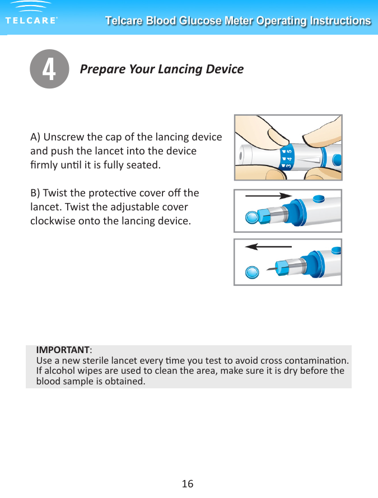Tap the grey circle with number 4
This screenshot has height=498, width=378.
(49, 69)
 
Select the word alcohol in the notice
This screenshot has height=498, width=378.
(59, 371)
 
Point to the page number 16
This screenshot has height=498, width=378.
(188, 483)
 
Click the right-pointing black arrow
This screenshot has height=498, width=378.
(269, 196)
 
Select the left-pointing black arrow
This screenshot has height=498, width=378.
(269, 246)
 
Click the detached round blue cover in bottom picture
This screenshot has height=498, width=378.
(253, 273)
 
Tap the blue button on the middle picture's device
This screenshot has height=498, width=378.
(320, 198)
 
